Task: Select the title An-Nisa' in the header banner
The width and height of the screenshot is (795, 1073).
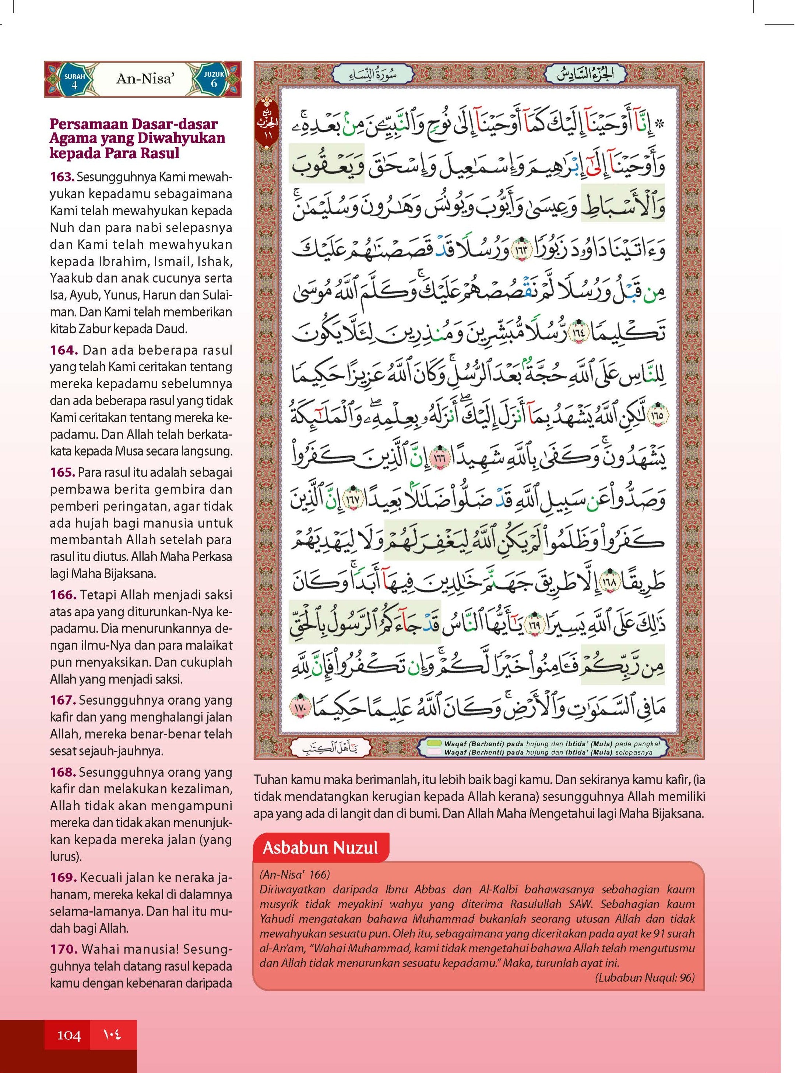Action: click(144, 79)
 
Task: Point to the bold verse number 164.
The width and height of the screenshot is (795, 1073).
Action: click(64, 350)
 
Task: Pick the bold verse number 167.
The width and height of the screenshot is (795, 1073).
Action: click(63, 700)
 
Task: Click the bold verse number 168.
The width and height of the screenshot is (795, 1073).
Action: click(63, 772)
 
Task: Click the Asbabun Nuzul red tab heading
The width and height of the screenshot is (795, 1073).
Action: click(320, 847)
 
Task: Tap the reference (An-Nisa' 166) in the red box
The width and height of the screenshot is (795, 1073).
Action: click(295, 874)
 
